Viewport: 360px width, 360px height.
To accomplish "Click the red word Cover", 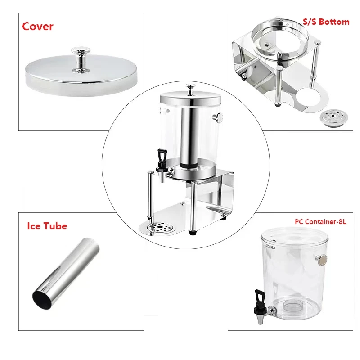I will point(38,26).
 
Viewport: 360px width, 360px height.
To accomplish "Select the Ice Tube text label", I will point(47,225).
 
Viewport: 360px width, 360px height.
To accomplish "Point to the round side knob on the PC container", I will point(322,260).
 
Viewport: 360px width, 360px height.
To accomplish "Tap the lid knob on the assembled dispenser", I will point(190,88).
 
